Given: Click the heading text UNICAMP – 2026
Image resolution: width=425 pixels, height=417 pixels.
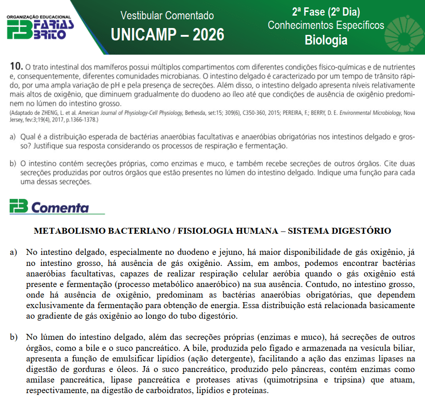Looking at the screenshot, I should click(168, 34).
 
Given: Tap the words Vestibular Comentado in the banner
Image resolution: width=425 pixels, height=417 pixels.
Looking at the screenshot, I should click(167, 16).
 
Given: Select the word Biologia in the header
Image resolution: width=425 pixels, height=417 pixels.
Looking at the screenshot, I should click(326, 40).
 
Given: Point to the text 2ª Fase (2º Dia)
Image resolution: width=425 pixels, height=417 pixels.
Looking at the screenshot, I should click(326, 12).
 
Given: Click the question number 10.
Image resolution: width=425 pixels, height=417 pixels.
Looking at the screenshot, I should click(16, 67).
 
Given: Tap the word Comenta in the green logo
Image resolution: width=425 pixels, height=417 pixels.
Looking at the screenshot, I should click(60, 208).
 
